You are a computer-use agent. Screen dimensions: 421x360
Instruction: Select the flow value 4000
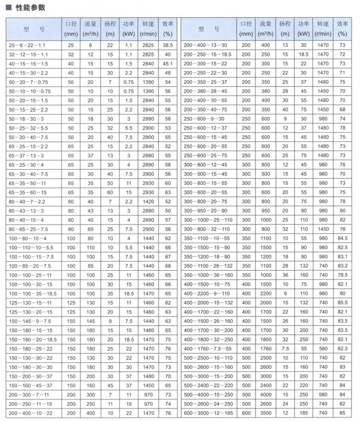265,394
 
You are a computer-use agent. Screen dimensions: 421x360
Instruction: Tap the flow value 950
265,211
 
